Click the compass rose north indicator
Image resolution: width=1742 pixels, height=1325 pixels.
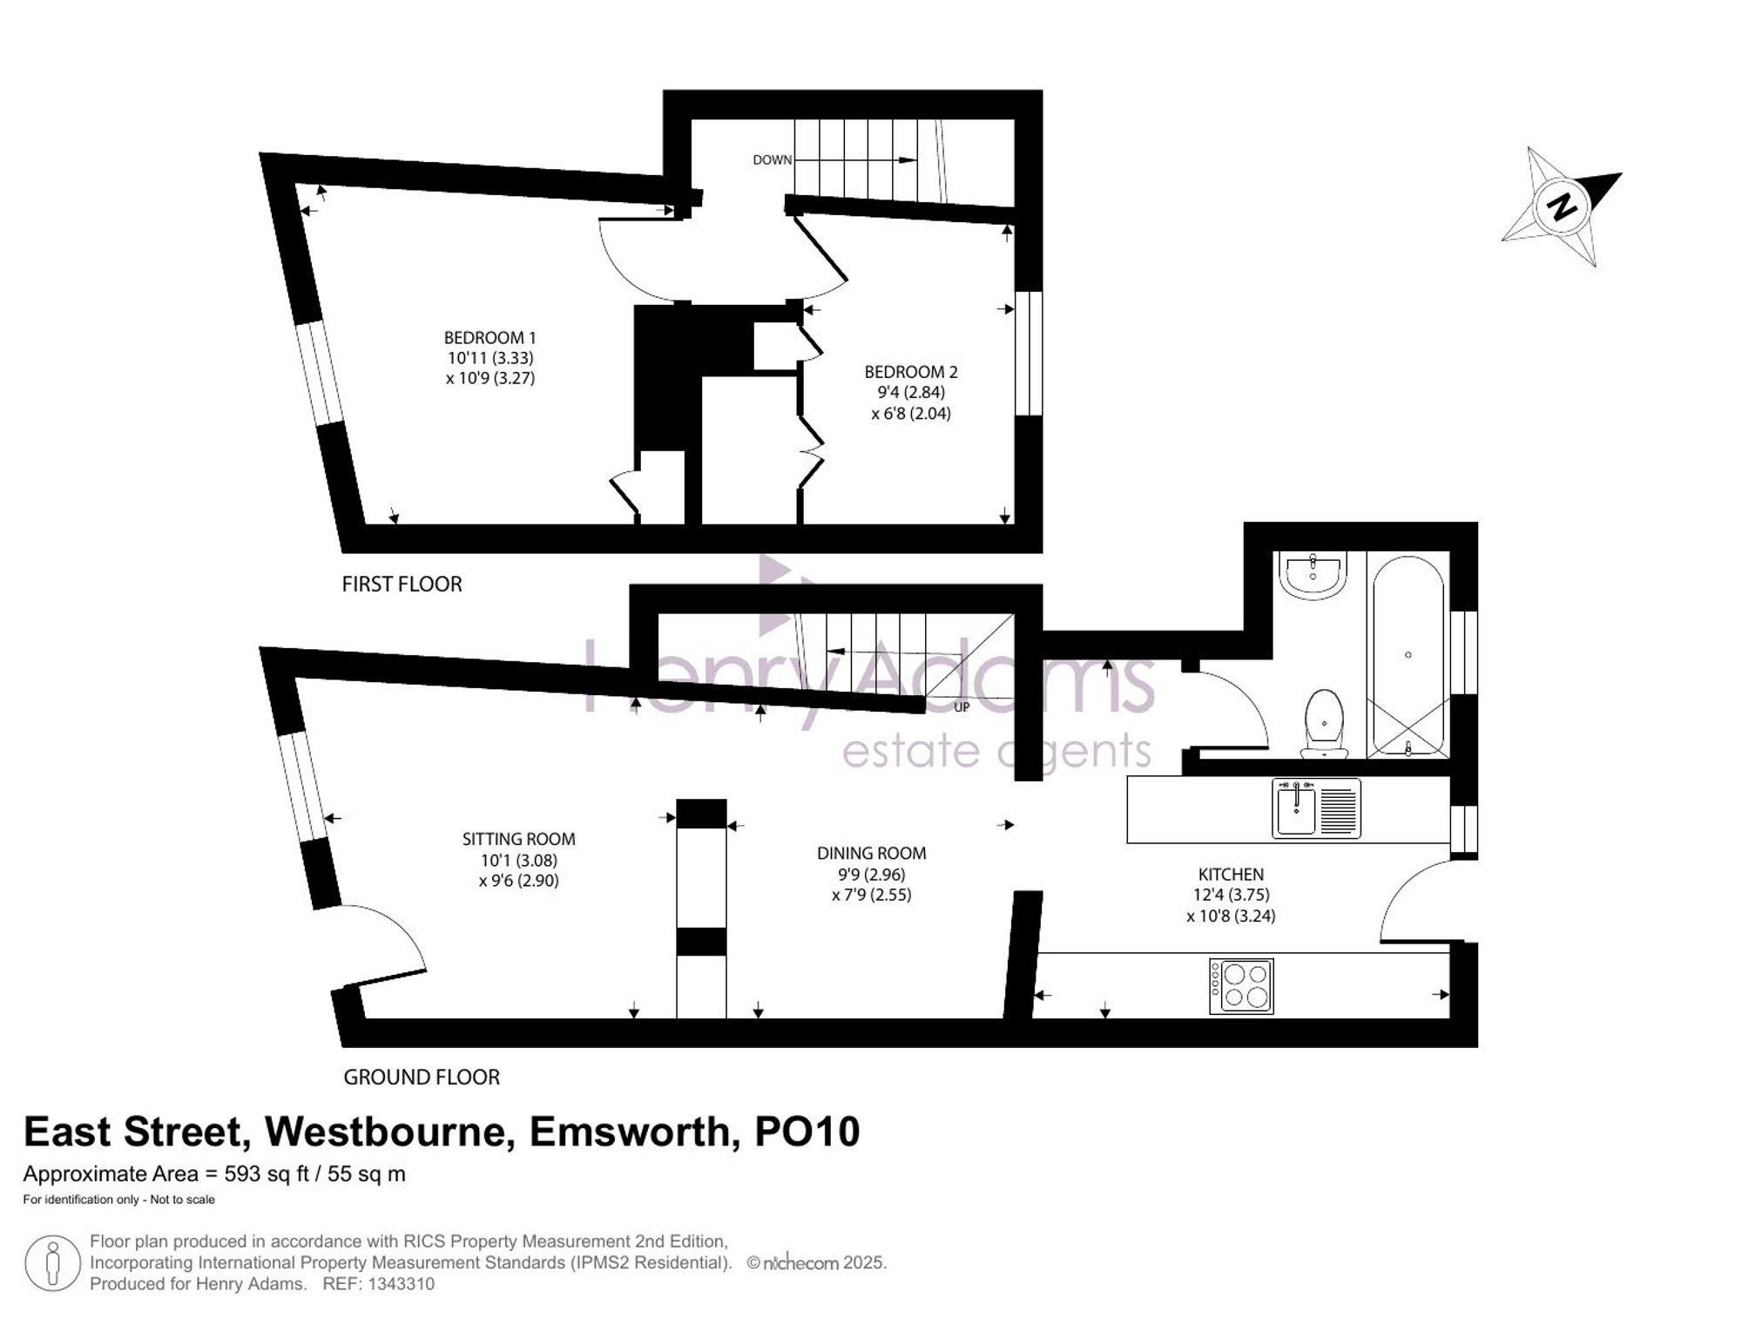coord(1561,206)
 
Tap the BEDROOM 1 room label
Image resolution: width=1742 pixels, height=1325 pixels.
coord(490,338)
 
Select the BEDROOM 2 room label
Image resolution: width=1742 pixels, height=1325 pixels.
coord(911,372)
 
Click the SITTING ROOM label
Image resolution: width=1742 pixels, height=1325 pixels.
coord(518,839)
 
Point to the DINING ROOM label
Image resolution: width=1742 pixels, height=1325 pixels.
coord(871,853)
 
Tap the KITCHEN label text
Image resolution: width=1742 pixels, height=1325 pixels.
coord(1231,874)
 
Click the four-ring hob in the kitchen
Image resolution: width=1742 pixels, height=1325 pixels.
coord(1241,986)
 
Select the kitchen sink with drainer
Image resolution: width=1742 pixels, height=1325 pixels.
coord(1316,809)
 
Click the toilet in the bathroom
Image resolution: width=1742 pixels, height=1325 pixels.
coord(1324,723)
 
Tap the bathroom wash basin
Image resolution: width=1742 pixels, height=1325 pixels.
coord(1313,575)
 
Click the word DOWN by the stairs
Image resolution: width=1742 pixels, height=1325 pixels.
coord(773,160)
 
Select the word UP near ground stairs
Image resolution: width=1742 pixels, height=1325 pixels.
coord(962,707)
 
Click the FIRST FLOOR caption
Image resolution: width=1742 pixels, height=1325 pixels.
coord(402,584)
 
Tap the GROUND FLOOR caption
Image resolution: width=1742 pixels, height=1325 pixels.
coord(422,1077)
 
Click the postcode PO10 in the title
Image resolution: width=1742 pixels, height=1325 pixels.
coord(807,1132)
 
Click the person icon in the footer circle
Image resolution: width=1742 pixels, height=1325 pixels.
coord(53,1264)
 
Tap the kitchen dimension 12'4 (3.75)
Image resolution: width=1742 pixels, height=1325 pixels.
coord(1231,895)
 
